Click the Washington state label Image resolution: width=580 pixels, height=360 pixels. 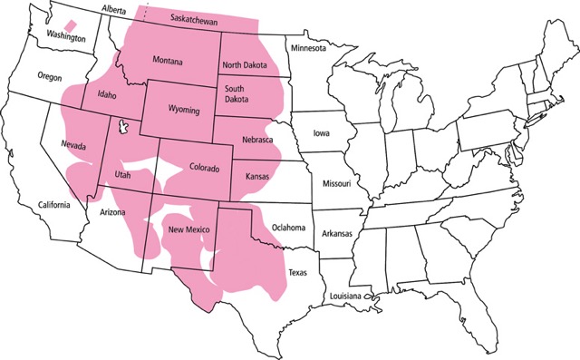pos(66,38)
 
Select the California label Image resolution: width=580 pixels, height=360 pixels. pos(53,206)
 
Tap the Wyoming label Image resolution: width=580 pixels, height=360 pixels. pos(184,110)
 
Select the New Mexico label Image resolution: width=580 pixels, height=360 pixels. pos(190,230)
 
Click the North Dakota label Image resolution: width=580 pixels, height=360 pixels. pos(246,64)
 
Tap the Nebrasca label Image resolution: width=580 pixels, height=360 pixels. pos(260,139)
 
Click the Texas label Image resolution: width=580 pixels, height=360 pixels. pos(297,271)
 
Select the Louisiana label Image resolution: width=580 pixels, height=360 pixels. pos(345,297)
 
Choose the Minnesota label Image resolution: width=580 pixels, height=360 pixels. pos(307,48)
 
